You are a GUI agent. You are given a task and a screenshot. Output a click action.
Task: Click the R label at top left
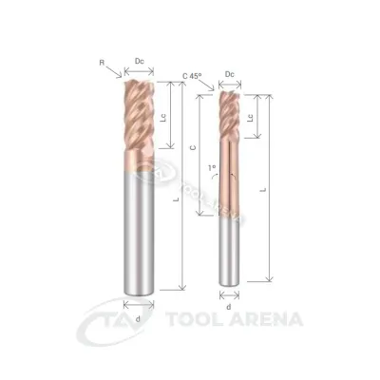102,63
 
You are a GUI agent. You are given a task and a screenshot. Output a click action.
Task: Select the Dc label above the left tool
139,61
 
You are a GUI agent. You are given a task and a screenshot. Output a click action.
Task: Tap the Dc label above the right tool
230,74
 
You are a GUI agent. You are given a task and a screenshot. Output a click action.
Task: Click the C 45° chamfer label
192,76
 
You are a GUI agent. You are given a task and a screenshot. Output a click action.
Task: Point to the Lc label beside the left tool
163,118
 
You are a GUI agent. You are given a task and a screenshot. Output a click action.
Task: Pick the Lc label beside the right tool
251,118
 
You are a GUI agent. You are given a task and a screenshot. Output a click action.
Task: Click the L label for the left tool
178,199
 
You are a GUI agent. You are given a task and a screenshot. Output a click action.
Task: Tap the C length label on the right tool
193,147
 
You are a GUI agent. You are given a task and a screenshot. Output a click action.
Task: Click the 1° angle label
212,167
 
